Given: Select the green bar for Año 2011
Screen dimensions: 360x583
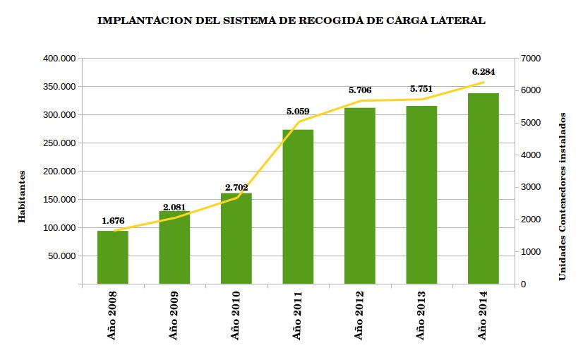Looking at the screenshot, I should click(x=298, y=207).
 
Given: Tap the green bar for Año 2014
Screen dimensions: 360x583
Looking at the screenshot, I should click(x=483, y=188).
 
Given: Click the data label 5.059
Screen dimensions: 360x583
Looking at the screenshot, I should click(x=298, y=111).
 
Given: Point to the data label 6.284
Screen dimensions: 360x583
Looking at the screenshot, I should click(x=483, y=71).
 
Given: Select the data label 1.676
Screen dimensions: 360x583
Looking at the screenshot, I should click(x=112, y=220).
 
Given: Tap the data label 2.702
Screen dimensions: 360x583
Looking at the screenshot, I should click(x=236, y=187).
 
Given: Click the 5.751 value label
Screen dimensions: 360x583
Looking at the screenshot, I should click(x=421, y=89).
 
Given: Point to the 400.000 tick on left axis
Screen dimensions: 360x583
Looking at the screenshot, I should click(x=59, y=59).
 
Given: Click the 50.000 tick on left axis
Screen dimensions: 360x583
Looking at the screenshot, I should click(x=61, y=256).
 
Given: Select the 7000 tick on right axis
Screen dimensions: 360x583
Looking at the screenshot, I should click(x=530, y=59).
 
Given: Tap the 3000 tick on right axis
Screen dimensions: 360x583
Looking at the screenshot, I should click(x=530, y=187).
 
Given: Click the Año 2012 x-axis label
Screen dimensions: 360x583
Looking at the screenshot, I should click(x=359, y=315).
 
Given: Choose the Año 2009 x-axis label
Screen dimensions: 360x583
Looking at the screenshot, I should click(x=174, y=315).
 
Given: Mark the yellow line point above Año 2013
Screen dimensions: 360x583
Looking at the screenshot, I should click(x=421, y=99).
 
